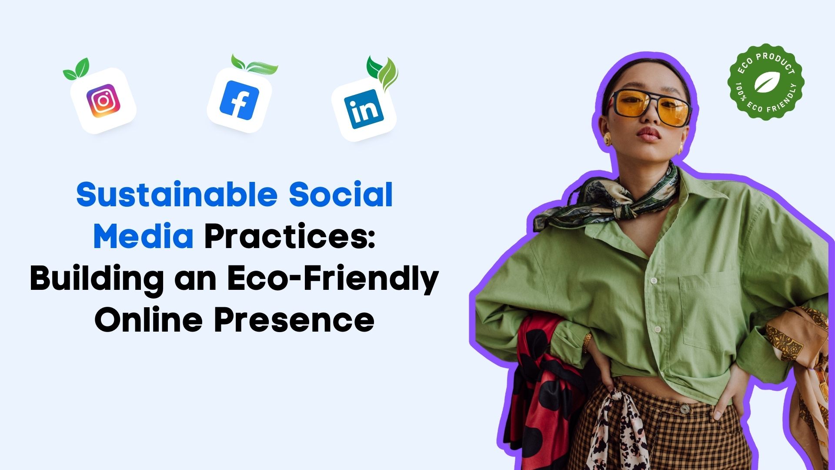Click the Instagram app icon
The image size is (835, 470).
point(104,101)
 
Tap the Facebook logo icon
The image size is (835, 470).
point(239,101)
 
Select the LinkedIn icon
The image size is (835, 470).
point(364,109)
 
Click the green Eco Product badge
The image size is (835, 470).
point(766,82)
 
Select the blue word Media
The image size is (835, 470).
point(144,237)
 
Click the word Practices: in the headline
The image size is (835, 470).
point(290,237)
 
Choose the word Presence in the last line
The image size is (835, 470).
point(294,320)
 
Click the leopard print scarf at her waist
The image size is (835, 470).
point(618,431)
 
